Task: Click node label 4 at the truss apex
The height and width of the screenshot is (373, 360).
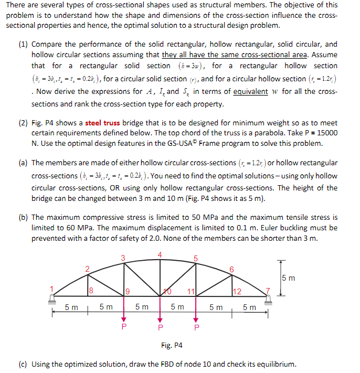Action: [160, 255]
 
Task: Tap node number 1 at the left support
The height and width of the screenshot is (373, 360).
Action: [51, 287]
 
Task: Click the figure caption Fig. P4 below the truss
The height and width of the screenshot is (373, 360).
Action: [172, 345]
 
